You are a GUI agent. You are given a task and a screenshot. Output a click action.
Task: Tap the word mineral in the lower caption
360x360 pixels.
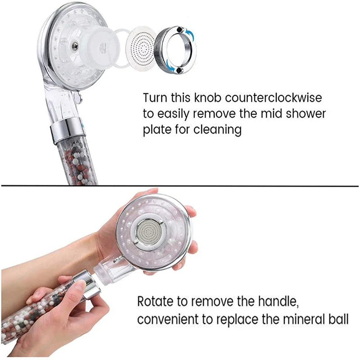303,320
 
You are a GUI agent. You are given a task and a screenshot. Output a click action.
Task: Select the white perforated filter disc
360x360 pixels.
141,47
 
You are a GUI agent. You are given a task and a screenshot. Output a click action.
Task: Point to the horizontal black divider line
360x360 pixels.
180,185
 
